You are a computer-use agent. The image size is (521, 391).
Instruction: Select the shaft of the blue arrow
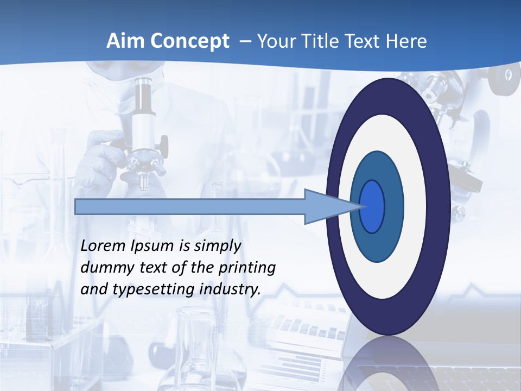pos(190,207)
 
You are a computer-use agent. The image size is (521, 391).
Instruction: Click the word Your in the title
pos(276,41)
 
